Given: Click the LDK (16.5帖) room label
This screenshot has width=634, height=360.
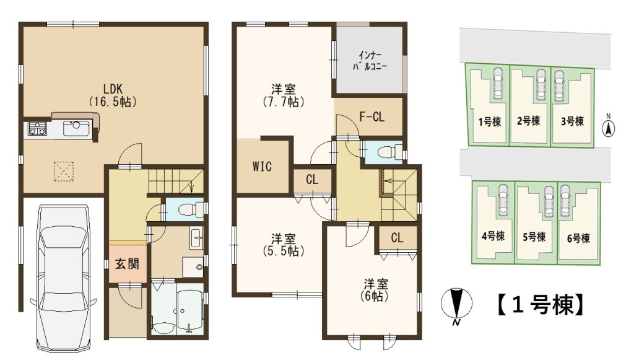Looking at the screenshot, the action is [113, 95].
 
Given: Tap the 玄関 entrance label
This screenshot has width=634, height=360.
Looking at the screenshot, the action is [128, 264].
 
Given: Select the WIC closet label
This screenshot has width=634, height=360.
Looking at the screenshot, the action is [262, 166].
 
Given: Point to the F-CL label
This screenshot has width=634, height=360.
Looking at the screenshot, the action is [372, 117].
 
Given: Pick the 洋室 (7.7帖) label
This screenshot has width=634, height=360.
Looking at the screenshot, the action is [284, 95].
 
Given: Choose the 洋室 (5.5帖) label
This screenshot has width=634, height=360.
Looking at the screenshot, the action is [284, 245].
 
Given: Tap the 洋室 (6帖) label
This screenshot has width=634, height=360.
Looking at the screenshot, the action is [375, 289].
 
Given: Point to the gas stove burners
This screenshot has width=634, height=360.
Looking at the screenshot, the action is [37, 129].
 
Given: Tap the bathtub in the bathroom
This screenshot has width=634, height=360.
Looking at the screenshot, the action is [189, 309].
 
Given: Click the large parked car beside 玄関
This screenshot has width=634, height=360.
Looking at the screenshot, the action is [64, 278].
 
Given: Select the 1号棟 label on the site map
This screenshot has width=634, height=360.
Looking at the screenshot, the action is [490, 121].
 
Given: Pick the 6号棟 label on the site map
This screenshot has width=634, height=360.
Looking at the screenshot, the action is [579, 239].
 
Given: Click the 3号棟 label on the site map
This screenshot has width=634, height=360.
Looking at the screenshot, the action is [573, 121].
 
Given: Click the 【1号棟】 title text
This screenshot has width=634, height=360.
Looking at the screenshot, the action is [540, 305].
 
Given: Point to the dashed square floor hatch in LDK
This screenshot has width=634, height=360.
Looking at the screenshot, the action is [64, 171].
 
